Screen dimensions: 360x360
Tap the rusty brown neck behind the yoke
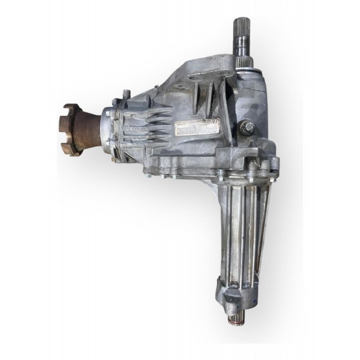pos(91,127)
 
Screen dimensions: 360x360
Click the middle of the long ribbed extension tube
pos(238,228)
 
